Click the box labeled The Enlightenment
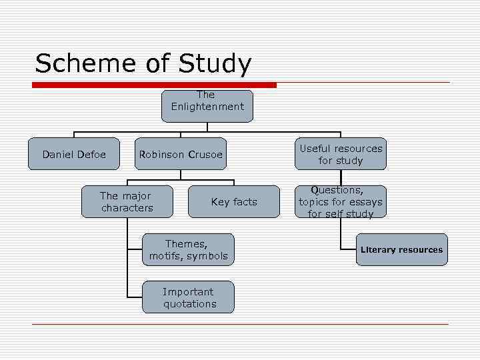[x=207, y=106]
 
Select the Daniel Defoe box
[x=74, y=155]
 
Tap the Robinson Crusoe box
[x=180, y=155]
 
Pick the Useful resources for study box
[x=341, y=155]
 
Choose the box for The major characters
[x=127, y=202]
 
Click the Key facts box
[x=234, y=202]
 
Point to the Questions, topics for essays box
[x=341, y=202]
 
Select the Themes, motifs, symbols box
[x=189, y=250]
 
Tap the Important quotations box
[x=189, y=297]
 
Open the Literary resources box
[x=401, y=250]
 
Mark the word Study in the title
[x=215, y=65]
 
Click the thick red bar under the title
[x=155, y=85]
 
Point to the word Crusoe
[x=205, y=155]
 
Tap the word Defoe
[x=91, y=155]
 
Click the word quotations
[x=190, y=304]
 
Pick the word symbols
[x=207, y=256]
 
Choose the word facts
[x=244, y=202]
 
